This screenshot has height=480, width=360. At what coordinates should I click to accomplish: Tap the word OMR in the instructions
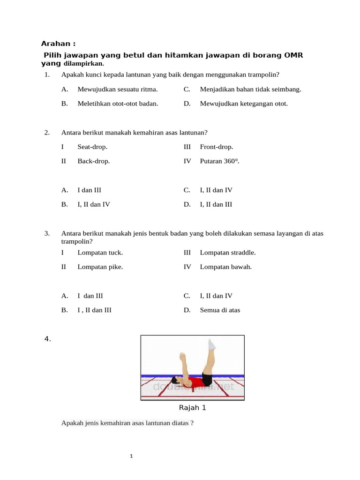point(293,55)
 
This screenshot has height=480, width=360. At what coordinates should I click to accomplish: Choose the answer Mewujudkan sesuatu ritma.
point(117,89)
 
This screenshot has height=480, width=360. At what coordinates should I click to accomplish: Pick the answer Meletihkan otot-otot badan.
point(118,104)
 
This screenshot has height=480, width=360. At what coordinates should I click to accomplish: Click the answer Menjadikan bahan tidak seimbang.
point(250,89)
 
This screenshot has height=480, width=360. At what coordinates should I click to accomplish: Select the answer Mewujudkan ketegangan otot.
point(244,104)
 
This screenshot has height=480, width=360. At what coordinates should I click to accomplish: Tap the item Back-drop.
point(94,161)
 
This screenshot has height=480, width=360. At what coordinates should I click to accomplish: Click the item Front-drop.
point(216,147)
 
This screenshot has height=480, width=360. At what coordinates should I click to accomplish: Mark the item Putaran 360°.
point(219,161)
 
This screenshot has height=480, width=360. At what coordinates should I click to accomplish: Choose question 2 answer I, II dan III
point(216,204)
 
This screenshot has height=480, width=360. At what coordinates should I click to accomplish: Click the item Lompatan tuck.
point(100,253)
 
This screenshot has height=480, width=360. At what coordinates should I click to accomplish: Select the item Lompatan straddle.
point(228,253)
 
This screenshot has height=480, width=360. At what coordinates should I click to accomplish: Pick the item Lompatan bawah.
point(226,267)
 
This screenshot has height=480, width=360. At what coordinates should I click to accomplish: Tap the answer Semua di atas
point(220,310)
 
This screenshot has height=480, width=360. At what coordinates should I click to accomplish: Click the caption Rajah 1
point(192,408)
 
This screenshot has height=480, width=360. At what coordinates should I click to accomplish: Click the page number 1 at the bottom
point(132,456)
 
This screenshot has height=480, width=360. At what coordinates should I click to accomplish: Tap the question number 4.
point(47,339)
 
